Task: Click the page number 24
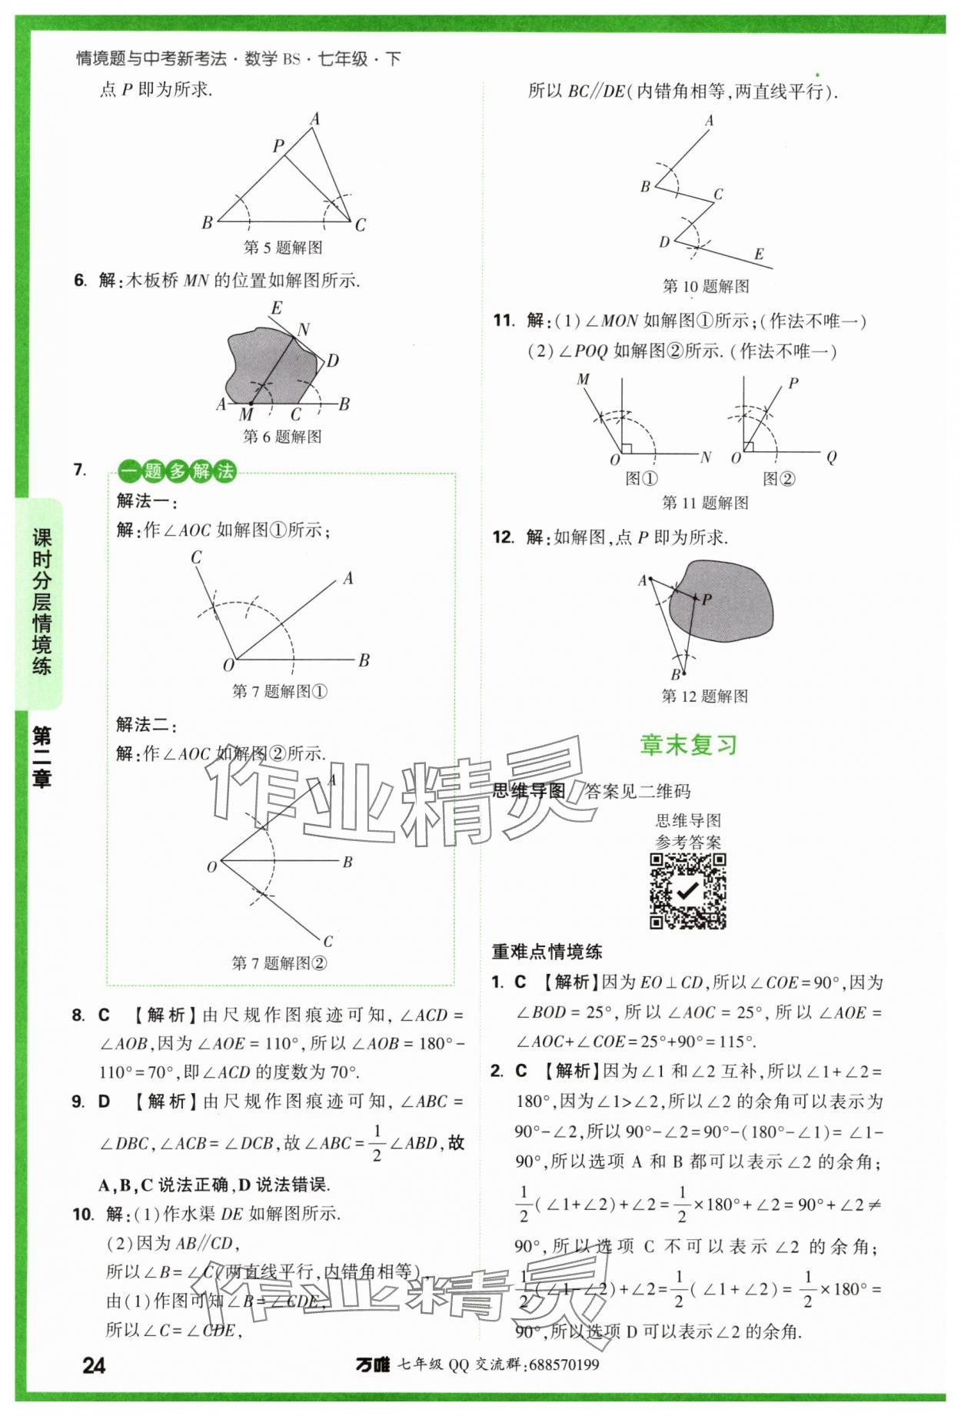[94, 1365]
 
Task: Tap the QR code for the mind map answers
[688, 891]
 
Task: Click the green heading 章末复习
[688, 745]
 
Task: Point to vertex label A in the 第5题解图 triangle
[314, 119]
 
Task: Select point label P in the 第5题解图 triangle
[278, 145]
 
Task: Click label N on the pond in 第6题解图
[304, 330]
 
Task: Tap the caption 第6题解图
[282, 437]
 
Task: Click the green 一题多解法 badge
[178, 470]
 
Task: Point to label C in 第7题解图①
[196, 557]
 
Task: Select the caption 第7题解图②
[280, 962]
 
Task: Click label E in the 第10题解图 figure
[759, 254]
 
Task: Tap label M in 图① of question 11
[583, 379]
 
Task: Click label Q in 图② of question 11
[831, 457]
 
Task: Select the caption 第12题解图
[704, 696]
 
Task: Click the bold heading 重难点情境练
[547, 952]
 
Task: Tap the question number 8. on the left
[78, 1015]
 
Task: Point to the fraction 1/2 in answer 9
[377, 1142]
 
